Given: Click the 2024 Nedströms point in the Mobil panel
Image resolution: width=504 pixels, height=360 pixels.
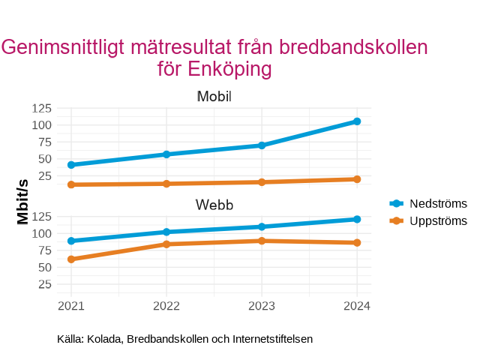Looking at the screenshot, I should [357, 121].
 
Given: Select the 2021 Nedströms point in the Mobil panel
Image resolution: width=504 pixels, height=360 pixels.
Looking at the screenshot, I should [71, 165].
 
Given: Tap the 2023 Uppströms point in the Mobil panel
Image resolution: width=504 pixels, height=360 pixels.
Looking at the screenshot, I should [262, 182].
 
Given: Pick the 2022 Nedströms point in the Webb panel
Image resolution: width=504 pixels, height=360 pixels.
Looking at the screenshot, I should [166, 232].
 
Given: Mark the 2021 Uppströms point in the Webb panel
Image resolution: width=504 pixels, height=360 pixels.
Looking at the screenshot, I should [71, 259].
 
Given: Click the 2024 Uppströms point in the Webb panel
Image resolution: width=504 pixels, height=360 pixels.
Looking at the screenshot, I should [357, 243].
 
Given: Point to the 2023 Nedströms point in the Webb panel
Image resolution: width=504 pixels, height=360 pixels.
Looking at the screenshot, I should [262, 226].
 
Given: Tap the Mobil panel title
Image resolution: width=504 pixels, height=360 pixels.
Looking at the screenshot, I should [214, 97].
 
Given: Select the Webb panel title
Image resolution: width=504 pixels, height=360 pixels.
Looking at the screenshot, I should [214, 205].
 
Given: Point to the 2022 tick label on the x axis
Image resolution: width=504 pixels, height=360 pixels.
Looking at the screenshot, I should [166, 306].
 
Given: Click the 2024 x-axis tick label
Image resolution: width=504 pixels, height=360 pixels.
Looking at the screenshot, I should [357, 306].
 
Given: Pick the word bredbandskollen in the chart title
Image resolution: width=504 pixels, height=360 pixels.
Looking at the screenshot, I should [352, 47].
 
